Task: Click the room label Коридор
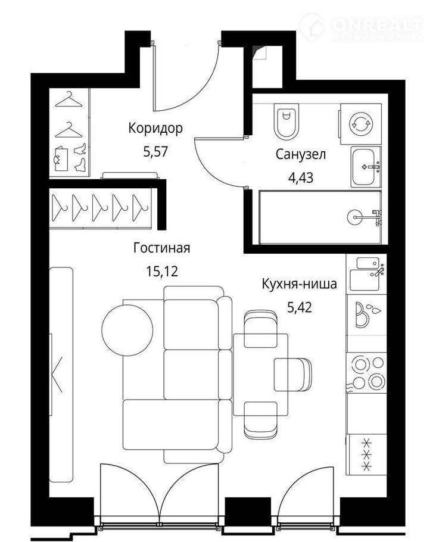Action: pos(155,128)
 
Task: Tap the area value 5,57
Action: pos(155,152)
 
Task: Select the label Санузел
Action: pos(301,154)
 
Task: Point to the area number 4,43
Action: pos(301,177)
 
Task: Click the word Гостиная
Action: pos(162,248)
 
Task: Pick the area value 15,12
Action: pos(162,272)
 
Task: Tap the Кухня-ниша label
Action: pos(300,284)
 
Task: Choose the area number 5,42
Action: pos(300,307)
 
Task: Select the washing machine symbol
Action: pos(361,124)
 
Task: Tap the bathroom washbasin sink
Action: pos(366,167)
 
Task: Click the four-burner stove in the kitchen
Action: pos(366,373)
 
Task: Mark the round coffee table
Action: pos(127,331)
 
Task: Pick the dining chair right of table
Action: pos(293,375)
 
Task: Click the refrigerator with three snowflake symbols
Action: pos(367,454)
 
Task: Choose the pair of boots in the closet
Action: pos(80,157)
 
